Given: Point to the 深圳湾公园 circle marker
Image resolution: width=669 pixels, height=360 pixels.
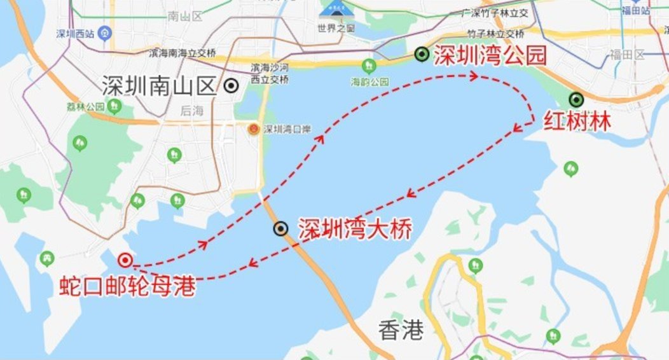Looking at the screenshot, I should [x=421, y=55].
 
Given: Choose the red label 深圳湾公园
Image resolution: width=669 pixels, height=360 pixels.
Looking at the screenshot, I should [x=490, y=56].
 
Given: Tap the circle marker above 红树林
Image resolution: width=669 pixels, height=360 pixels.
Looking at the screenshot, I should [x=576, y=99].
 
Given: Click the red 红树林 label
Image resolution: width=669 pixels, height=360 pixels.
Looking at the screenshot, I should [x=577, y=121].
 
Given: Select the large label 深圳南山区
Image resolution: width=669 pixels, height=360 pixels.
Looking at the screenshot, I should [x=160, y=86].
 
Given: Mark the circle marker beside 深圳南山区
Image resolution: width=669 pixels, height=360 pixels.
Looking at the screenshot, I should [x=231, y=85].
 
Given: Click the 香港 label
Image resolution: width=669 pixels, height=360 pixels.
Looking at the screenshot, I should [x=401, y=329].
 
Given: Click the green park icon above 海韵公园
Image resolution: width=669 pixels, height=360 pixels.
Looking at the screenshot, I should [x=368, y=66].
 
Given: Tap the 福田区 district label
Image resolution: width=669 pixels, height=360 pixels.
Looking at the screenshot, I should [x=627, y=55].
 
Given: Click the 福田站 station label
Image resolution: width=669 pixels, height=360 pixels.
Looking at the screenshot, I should [x=635, y=11].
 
